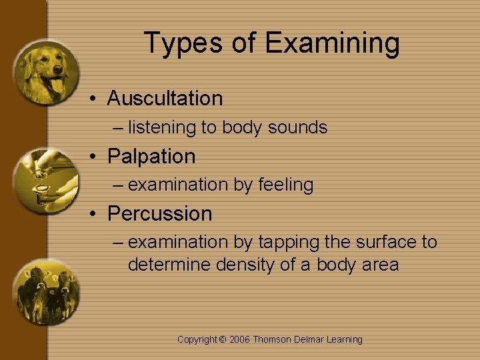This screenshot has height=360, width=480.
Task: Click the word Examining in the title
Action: [x=332, y=43]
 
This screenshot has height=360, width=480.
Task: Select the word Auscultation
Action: [x=165, y=99]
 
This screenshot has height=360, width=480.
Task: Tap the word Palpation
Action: [x=151, y=157]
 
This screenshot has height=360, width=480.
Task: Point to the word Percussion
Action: [x=159, y=214]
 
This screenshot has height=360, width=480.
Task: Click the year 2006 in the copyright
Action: [x=240, y=339]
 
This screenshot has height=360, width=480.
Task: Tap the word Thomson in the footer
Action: [x=272, y=339]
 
